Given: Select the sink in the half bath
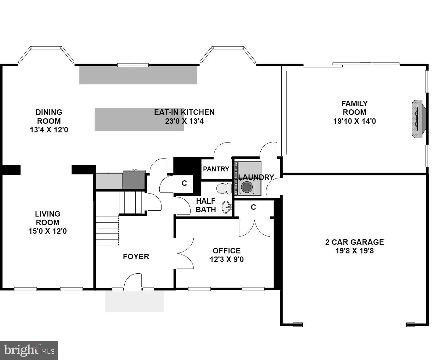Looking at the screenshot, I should (227, 207).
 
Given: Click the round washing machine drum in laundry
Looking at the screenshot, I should (247, 187).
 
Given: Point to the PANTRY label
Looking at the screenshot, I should (216, 169).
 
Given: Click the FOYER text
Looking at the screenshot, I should (136, 256).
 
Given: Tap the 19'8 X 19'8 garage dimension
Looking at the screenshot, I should (354, 251).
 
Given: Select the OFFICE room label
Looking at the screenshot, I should (227, 251).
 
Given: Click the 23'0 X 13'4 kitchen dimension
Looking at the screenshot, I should (184, 121).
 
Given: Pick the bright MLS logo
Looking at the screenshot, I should (29, 350).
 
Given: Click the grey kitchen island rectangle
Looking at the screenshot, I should (139, 119).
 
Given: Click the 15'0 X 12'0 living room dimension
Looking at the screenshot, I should (48, 231).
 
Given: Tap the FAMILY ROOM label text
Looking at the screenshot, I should (354, 108).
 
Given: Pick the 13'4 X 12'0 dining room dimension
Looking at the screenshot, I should (49, 130).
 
